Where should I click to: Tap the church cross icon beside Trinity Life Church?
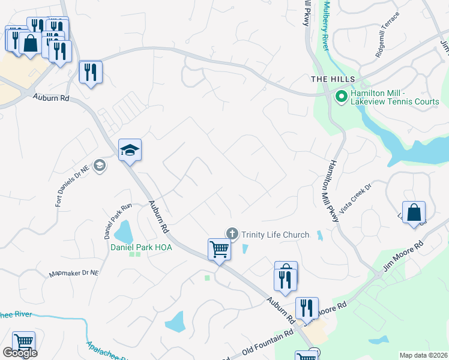tap(232, 234)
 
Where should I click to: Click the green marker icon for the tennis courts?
tap(341, 96)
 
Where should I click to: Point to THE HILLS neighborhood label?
tap(333, 79)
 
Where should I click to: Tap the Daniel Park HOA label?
tap(141, 247)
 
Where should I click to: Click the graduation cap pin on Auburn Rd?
tap(130, 151)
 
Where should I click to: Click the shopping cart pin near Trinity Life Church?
tap(219, 249)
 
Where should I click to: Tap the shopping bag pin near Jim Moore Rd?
tap(414, 213)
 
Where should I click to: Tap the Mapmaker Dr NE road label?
tap(74, 274)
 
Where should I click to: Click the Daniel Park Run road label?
tap(109, 219)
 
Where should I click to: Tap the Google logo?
tap(20, 353)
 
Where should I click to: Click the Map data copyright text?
tap(423, 355)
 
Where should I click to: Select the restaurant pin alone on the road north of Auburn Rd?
tap(91, 73)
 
